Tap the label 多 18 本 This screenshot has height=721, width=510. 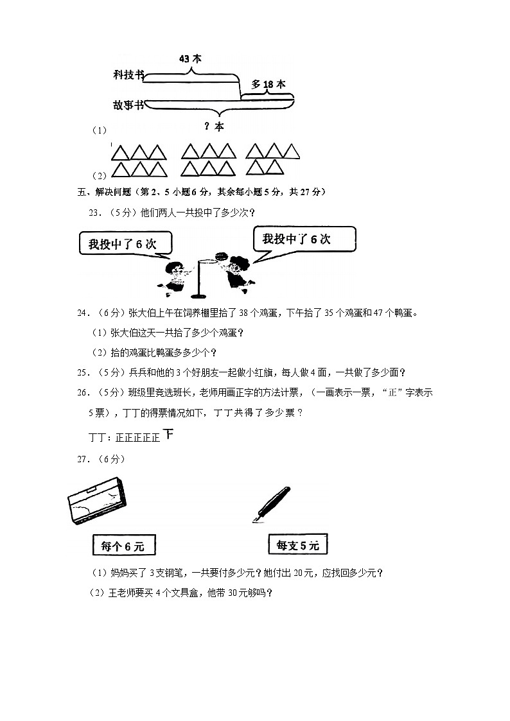268,84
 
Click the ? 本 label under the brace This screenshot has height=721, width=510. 214,126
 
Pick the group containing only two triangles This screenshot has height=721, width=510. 265,168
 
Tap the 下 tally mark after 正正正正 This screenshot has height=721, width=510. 168,435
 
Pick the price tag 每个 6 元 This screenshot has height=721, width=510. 123,546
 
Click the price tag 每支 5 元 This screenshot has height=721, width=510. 297,546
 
